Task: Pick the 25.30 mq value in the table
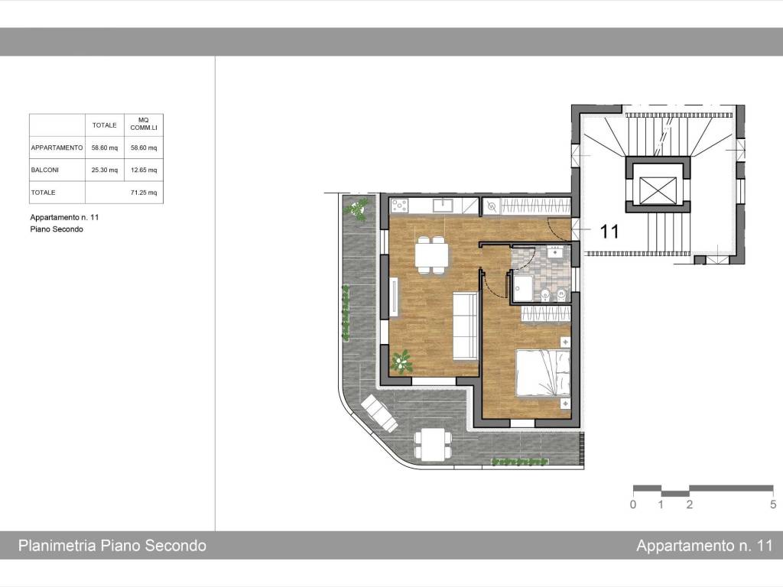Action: click(105, 170)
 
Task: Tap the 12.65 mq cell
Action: click(143, 170)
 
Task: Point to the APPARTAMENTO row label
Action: click(57, 148)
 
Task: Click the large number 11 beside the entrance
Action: click(609, 232)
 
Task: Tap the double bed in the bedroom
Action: click(542, 373)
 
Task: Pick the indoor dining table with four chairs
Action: click(432, 255)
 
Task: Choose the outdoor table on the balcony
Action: click(433, 444)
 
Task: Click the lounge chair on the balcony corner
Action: click(379, 413)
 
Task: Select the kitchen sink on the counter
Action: click(444, 205)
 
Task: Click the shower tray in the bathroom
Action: click(522, 289)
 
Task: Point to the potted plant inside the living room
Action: click(401, 360)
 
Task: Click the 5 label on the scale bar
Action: click(772, 504)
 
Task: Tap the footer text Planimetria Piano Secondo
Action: click(112, 546)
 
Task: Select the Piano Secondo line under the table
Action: click(57, 229)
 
